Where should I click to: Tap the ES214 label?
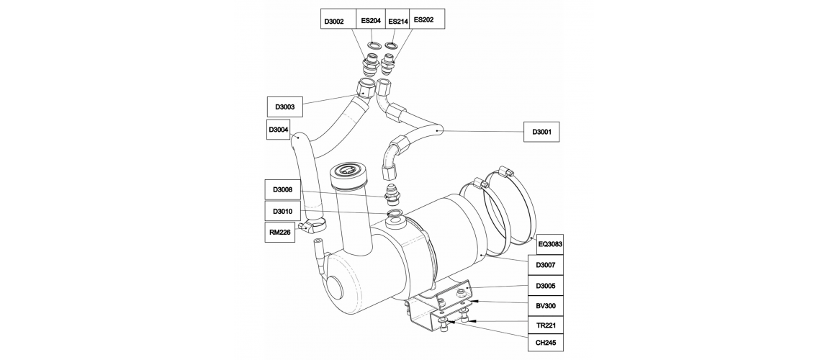point(397,21)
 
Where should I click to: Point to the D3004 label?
point(278,130)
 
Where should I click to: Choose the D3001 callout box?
point(541,132)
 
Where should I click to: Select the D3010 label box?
point(282,212)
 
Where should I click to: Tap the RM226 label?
point(279,233)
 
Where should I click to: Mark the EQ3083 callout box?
point(549,244)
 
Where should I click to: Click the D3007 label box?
point(546,264)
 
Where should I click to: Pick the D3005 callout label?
point(546,285)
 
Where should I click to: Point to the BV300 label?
point(546,305)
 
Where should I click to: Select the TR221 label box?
point(546,325)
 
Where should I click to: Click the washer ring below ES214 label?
point(392,45)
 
